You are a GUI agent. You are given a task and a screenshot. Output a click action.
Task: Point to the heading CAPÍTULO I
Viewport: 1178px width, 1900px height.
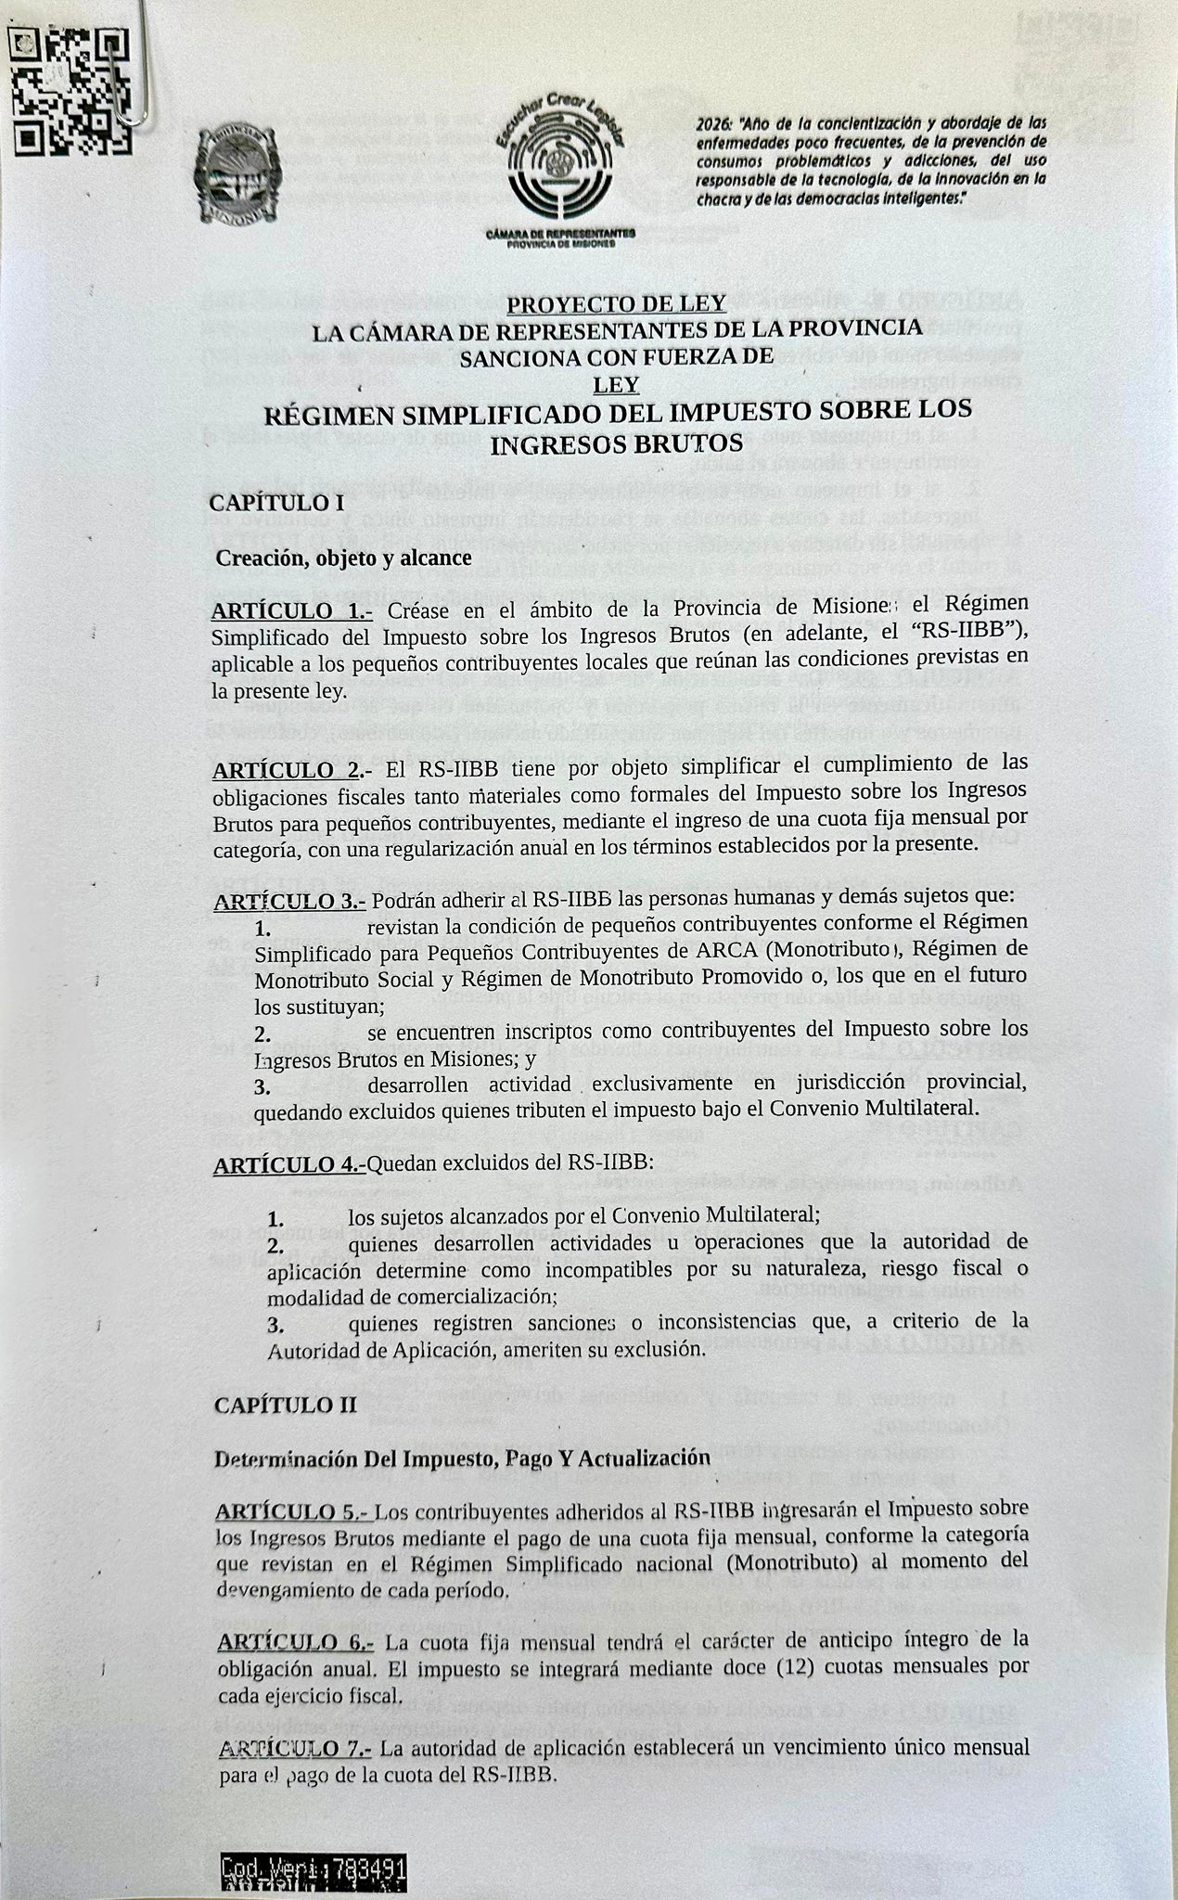(x=276, y=503)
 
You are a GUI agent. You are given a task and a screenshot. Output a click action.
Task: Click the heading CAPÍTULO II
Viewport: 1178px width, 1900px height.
(x=285, y=1404)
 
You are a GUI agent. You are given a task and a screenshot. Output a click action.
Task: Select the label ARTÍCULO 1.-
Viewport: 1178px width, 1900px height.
(x=292, y=610)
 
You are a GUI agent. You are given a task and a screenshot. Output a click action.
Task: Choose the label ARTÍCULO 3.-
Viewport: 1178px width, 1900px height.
(x=290, y=902)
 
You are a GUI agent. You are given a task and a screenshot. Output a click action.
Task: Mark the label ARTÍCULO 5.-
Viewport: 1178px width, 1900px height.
(x=294, y=1511)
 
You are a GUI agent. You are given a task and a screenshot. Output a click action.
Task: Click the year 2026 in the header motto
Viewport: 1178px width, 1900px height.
(x=715, y=122)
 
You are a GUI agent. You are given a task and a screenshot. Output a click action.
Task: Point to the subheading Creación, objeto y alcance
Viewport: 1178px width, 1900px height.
(x=343, y=558)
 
